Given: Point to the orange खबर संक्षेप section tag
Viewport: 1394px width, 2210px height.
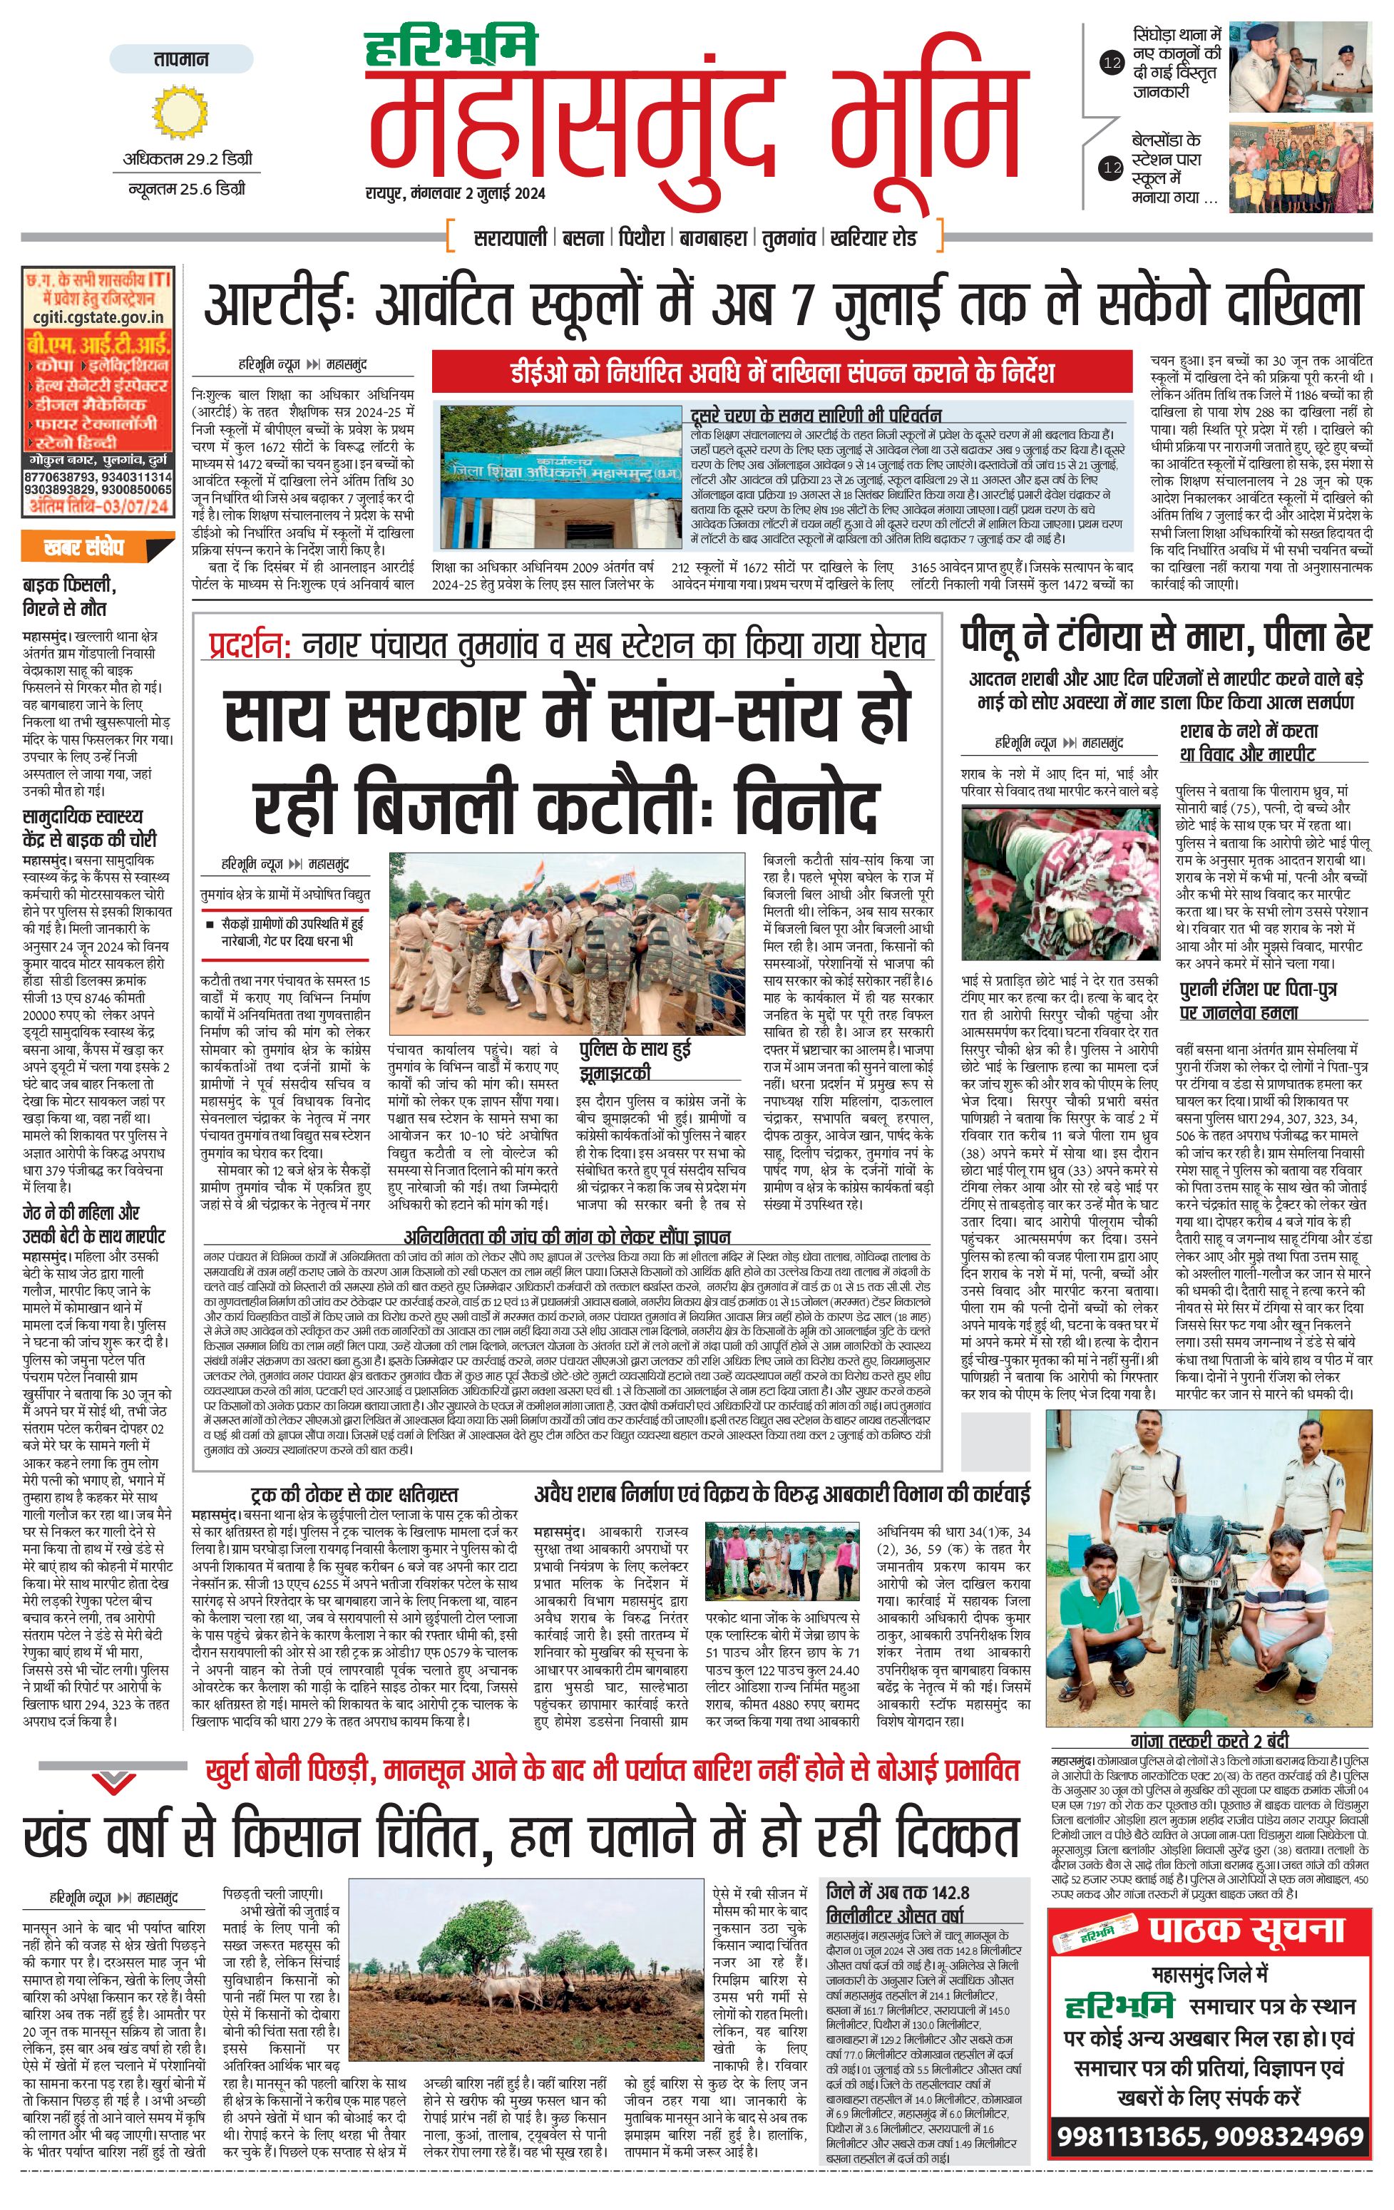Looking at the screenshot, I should tap(84, 548).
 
